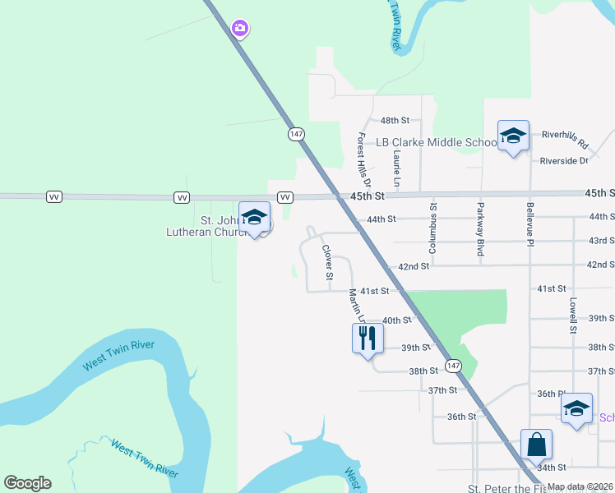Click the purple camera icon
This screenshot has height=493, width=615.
240,29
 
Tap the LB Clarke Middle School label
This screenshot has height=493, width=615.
437,142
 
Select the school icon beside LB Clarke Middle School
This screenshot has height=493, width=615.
513,136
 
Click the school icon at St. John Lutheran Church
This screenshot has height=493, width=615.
255,218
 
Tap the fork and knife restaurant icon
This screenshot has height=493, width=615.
368,338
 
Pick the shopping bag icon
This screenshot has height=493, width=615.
536,445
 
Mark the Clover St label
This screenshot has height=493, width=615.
327,261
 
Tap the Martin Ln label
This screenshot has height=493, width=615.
354,304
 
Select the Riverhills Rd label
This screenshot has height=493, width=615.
565,139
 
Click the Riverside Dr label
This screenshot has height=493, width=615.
564,161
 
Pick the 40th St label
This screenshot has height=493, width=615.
395,320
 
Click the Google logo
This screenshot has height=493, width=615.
27,483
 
